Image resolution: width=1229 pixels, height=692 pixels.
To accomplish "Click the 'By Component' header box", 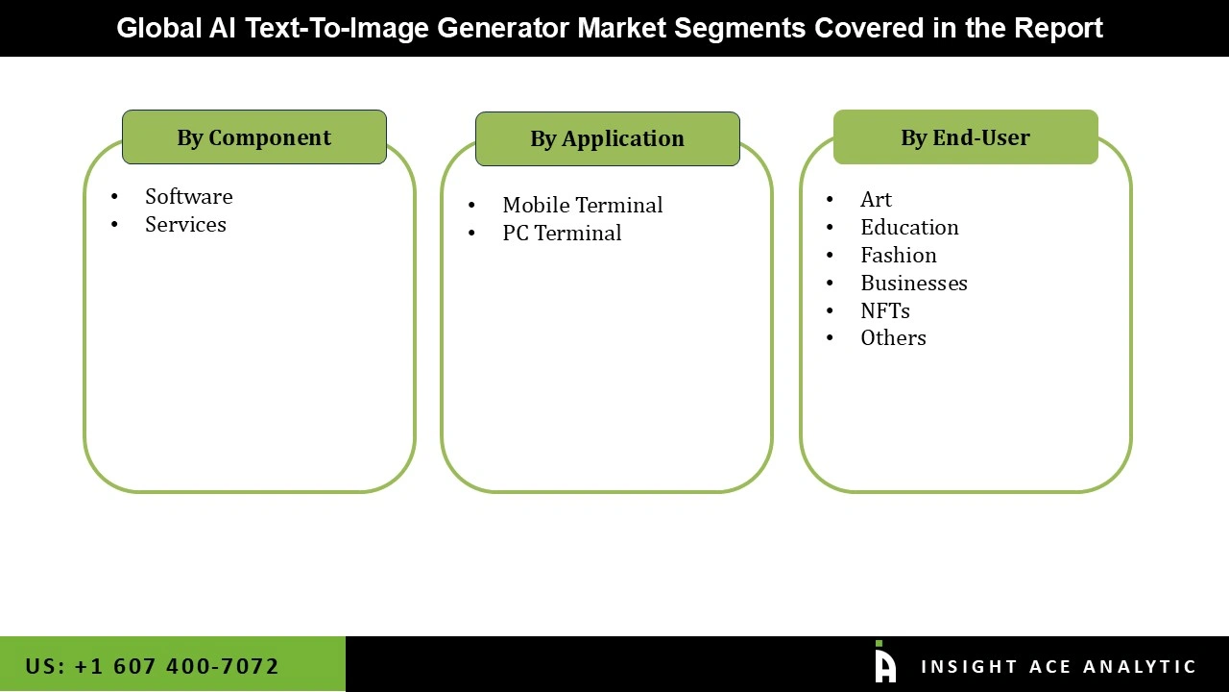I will (x=253, y=137).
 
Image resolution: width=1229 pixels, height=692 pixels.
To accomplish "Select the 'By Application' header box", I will (x=607, y=139).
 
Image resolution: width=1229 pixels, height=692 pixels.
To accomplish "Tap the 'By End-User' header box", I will (x=965, y=137).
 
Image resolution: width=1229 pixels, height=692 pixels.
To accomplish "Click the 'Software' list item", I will (x=188, y=197).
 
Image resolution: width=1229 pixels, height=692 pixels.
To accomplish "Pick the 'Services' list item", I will (x=185, y=225).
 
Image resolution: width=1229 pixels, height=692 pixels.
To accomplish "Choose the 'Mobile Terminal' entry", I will (x=582, y=206).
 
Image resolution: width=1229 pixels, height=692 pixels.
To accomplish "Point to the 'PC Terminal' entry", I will (x=562, y=234).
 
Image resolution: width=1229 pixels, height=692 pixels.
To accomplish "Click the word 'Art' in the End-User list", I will (x=876, y=200).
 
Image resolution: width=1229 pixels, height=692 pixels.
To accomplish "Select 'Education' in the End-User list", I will (x=909, y=228).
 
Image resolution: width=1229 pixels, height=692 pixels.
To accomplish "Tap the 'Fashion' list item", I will (x=898, y=256).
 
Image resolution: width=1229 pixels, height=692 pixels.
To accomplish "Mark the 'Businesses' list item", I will (x=913, y=284).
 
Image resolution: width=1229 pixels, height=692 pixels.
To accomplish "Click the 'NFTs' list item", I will (x=884, y=311).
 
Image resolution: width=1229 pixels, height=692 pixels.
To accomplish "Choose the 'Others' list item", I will (x=893, y=338).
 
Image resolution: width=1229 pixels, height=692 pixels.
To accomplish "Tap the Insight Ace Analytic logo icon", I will (x=884, y=663).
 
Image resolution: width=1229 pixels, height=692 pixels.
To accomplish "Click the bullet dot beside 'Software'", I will (x=114, y=197).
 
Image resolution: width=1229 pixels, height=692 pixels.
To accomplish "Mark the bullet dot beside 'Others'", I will (x=830, y=338).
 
